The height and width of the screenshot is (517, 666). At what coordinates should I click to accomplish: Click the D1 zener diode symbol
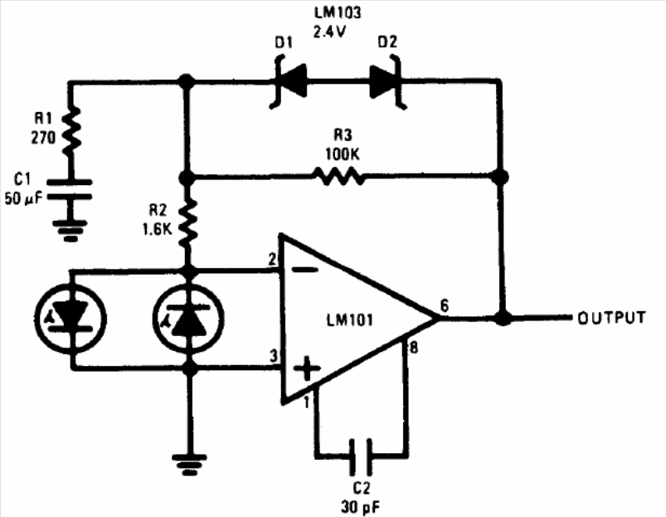290,80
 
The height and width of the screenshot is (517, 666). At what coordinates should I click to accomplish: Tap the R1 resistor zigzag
71,130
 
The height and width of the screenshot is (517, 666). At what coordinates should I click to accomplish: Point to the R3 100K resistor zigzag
338,175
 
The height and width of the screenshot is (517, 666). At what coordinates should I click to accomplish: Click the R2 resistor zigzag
187,223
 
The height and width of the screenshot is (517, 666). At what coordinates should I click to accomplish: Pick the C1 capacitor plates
69,189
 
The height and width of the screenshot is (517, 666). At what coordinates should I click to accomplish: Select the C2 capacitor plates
361,456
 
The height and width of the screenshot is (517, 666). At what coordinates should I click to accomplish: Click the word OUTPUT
611,318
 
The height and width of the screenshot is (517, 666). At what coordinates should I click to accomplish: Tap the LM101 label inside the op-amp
349,319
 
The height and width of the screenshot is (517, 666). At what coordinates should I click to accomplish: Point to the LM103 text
338,12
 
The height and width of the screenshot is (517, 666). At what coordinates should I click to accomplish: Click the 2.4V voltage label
329,32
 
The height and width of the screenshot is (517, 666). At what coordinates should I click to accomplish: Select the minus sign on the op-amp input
306,270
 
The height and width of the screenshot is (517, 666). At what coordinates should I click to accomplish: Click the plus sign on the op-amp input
307,368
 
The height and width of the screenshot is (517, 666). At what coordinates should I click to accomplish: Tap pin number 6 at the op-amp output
445,305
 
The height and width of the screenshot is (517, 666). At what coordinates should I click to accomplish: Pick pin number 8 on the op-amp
413,348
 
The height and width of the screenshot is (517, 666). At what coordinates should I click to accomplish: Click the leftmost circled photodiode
70,319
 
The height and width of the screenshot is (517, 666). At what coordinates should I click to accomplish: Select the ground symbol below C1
70,230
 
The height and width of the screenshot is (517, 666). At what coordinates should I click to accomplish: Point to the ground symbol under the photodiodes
189,466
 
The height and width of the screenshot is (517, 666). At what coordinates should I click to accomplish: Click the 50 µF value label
23,198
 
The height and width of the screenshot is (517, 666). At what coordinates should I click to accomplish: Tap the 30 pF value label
361,506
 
